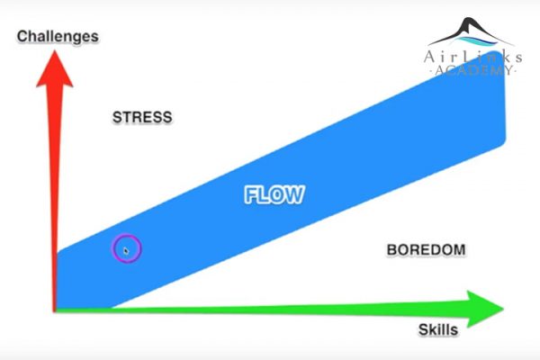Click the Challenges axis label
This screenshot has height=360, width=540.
pos(58,37)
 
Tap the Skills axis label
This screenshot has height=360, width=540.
pos(438,329)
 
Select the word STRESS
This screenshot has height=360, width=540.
pos(142,117)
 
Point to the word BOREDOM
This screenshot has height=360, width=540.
pos(426,250)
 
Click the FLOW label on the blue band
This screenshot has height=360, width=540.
pos(274,194)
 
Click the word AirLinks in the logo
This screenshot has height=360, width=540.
pos(472,57)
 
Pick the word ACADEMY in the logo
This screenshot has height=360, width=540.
pos(473,70)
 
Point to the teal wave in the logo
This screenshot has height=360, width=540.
pos(477,41)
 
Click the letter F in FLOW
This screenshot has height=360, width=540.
pos(250,194)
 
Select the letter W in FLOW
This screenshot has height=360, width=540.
pos(295,194)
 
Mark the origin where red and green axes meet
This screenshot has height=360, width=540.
pos(54,310)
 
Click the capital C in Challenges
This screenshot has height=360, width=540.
pos(22,36)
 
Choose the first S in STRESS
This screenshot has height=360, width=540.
pos(117,117)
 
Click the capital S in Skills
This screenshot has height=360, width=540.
pos(424,329)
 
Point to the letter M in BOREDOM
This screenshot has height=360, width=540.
pos(458,250)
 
